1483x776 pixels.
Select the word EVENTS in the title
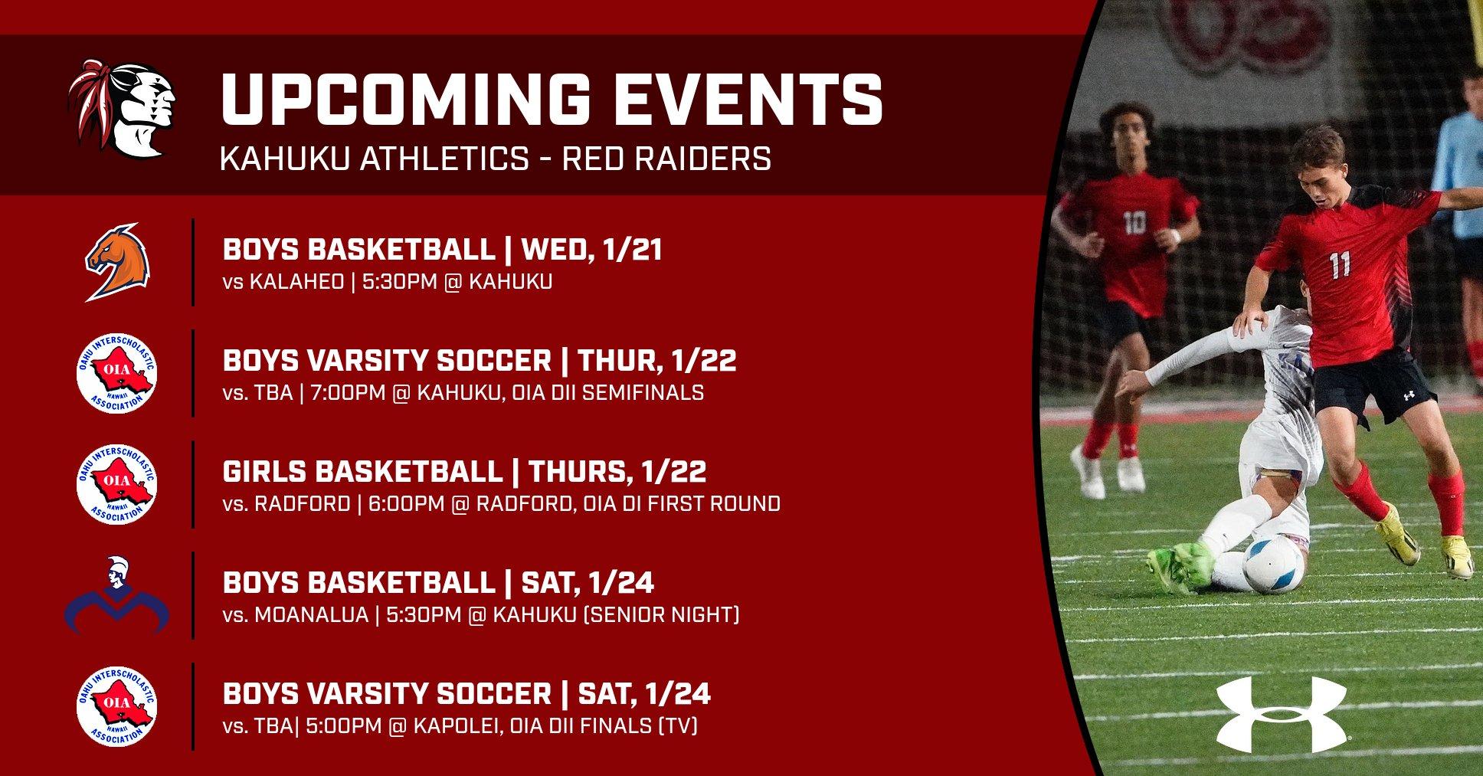tap(722, 100)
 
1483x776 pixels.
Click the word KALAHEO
tap(296, 283)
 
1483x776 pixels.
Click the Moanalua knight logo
tap(116, 595)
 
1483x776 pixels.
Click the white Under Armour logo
tap(1281, 714)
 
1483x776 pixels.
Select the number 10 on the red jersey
tap(1134, 223)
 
